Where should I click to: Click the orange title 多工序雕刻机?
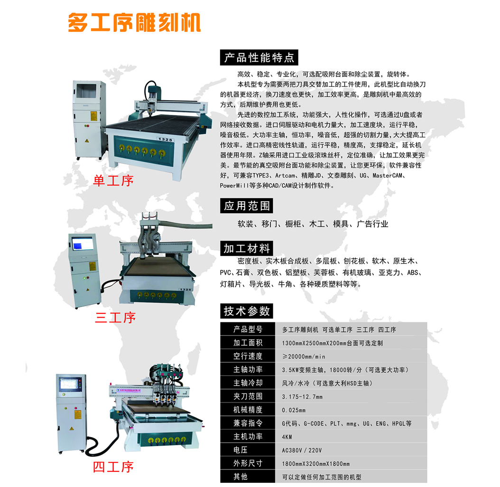[x=134, y=22]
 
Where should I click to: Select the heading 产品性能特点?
[x=259, y=58]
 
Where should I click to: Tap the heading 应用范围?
[x=247, y=206]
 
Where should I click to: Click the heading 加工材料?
[x=247, y=248]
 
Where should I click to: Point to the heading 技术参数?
[x=247, y=311]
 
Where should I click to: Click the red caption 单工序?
[x=113, y=181]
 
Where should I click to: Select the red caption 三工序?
[x=115, y=318]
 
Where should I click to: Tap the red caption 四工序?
[x=113, y=467]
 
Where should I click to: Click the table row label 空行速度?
[x=248, y=356]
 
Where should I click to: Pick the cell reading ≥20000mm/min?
[x=304, y=356]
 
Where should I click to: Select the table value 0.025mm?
[x=294, y=410]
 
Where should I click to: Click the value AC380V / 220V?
[x=302, y=450]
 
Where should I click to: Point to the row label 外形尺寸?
[x=248, y=463]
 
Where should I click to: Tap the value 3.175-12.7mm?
[x=302, y=397]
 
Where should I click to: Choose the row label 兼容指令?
[x=248, y=423]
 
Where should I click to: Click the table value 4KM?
[x=287, y=437]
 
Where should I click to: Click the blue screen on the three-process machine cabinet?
[x=83, y=244]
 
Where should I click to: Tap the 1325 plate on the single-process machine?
[x=165, y=140]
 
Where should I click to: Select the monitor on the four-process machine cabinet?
[x=71, y=384]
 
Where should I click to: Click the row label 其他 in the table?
[x=241, y=477]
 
